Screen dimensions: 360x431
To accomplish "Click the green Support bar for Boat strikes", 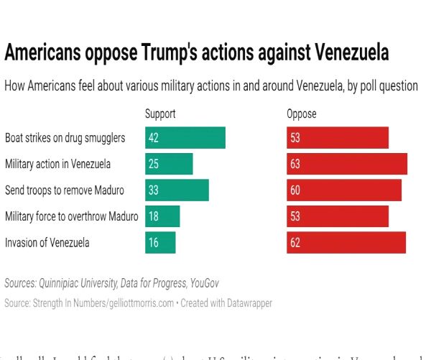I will pos(185,137).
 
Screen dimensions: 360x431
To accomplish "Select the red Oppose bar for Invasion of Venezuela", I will pos(346,242).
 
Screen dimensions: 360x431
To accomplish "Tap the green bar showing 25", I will pos(169,164).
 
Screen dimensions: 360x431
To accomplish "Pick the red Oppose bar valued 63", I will pos(347,164).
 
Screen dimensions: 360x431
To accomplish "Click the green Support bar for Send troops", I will pos(177,190).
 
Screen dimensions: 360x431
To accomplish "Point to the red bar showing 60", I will pos(344,190).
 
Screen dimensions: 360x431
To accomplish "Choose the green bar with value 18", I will pos(162,216).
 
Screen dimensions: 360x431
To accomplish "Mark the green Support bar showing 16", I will pos(160,242).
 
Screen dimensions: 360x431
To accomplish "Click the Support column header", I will pos(160,114).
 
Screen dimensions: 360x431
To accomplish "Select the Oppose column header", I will pos(302,114).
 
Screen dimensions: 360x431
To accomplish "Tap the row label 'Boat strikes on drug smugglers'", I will pos(65,137).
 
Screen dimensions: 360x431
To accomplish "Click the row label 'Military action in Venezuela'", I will pos(58,164).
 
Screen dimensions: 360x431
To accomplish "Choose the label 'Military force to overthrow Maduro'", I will pos(71,216).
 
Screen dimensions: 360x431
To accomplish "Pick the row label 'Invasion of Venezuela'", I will pos(47,242).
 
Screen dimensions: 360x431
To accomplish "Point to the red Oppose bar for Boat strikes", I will pos(338,137).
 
